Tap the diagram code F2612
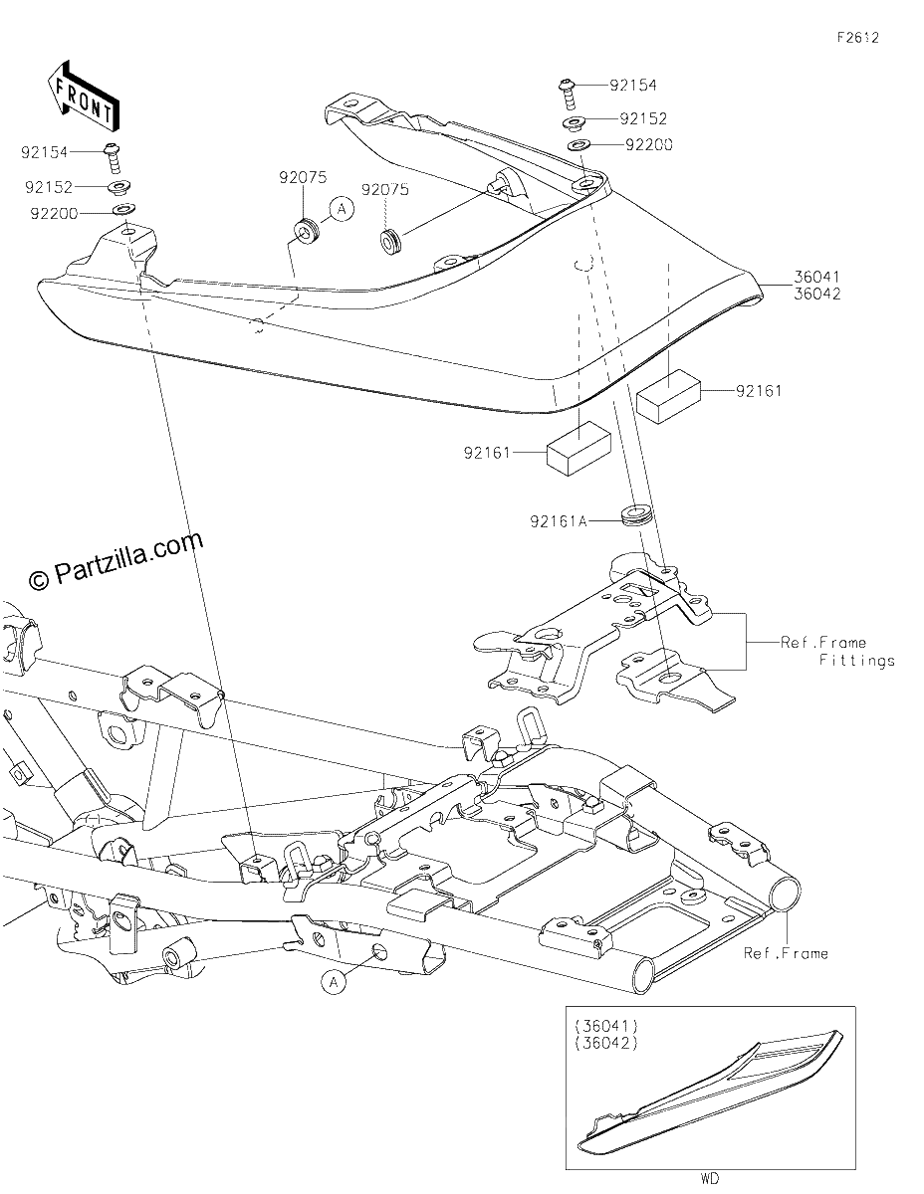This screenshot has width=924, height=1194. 858,38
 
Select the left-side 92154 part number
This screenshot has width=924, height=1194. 45,152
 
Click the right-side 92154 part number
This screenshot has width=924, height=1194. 633,86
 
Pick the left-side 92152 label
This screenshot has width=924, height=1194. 49,187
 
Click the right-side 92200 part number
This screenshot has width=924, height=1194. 649,144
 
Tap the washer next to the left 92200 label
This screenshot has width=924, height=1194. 123,209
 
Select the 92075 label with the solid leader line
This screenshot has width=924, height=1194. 303,177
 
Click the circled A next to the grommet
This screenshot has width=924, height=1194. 342,209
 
